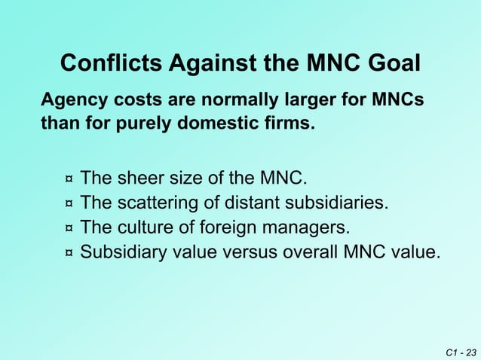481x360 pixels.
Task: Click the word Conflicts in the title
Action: point(110,63)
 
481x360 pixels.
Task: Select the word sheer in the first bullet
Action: point(138,179)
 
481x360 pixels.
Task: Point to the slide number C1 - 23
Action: point(461,352)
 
